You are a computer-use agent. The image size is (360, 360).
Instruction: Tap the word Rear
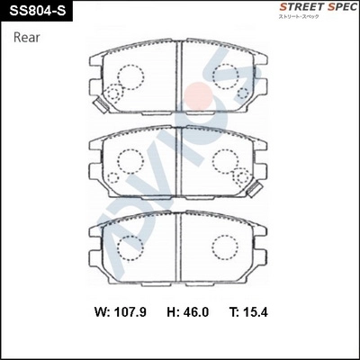(x=28, y=38)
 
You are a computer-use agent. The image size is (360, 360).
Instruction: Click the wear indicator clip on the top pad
(x=100, y=103)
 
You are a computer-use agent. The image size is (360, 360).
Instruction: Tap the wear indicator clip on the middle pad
(x=255, y=188)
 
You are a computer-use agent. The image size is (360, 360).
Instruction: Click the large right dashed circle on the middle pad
(x=226, y=162)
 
